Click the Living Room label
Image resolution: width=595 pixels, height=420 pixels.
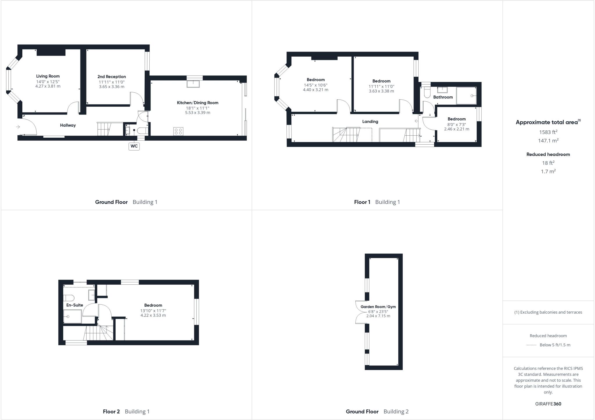[x=48, y=76]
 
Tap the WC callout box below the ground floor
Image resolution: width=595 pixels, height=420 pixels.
[x=134, y=146]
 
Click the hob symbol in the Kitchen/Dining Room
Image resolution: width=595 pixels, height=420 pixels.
[x=178, y=131]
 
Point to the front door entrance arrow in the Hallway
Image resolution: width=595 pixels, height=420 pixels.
[x=18, y=127]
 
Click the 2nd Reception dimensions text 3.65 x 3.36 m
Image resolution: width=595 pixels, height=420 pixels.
[x=112, y=87]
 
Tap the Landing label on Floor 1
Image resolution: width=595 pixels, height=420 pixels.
[x=370, y=121]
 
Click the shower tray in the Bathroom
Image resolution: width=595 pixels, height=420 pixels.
[x=466, y=95]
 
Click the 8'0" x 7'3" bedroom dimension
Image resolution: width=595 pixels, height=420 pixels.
[x=456, y=124]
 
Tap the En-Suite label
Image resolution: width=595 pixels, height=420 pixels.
[x=75, y=305]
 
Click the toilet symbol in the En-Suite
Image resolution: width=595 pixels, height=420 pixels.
[x=69, y=298]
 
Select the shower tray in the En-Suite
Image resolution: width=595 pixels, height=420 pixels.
[x=72, y=316]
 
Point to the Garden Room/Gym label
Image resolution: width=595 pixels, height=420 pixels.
[x=378, y=307]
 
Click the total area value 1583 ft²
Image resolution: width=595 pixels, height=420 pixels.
[x=548, y=132]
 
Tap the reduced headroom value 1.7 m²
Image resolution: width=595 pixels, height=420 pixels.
[x=548, y=171]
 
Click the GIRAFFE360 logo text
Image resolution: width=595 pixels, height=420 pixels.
[x=548, y=404]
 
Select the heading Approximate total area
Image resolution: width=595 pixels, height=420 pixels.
[x=546, y=122]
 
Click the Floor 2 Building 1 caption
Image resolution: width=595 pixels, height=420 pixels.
[x=126, y=411]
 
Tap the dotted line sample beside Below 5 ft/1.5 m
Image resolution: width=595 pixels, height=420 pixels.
[x=531, y=345]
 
